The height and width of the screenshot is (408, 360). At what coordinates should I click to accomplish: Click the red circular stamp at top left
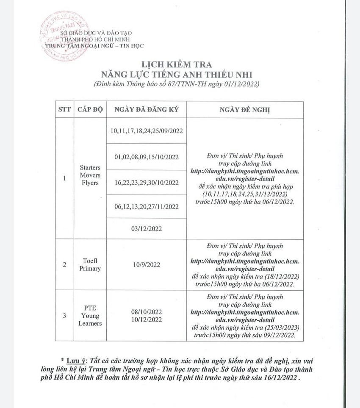pos(59,36)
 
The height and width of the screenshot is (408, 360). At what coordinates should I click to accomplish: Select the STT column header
pos(64,110)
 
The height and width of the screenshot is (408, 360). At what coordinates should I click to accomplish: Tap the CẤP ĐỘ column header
pos(90,110)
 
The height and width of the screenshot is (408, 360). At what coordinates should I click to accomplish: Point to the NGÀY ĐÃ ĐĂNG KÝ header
pos(146,110)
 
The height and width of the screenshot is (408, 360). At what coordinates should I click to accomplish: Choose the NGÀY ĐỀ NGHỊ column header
pos(245,110)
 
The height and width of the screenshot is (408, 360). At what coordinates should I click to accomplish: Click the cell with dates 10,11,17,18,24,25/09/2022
pos(146,131)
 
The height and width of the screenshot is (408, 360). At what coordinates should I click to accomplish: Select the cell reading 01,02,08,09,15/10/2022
pos(146,157)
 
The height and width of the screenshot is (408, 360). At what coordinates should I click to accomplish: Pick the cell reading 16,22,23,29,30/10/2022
pos(146,182)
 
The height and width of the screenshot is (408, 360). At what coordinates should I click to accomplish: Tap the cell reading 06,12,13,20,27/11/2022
pos(146,207)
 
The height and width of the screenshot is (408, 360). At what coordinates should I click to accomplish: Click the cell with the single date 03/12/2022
pos(146,228)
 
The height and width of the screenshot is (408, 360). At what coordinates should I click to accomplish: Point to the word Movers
pos(90,175)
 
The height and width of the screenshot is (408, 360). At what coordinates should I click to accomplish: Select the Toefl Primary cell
pos(90,265)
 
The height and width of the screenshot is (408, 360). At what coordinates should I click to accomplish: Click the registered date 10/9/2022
pos(146,265)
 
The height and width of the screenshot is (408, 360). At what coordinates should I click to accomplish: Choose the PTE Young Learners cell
pos(90,316)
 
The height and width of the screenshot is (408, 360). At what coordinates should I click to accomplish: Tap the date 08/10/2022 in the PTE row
pos(146,312)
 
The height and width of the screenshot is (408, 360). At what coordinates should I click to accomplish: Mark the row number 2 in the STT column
pos(64,265)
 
